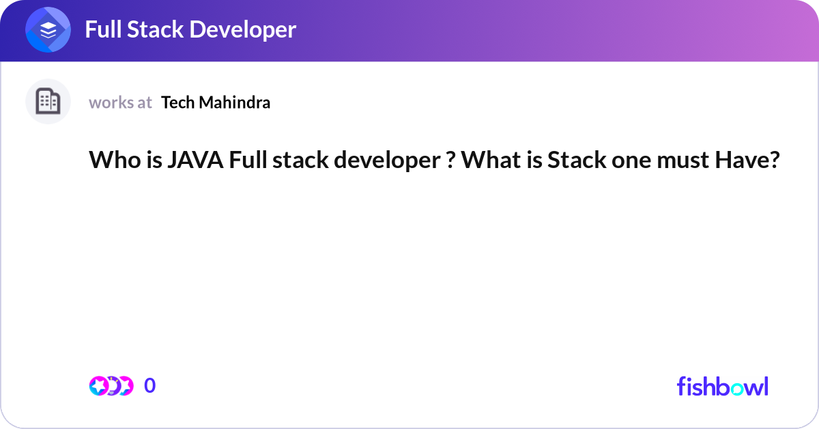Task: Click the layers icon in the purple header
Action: [48, 31]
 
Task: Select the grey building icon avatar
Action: [48, 102]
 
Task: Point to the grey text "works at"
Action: [120, 102]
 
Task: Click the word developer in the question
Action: [382, 161]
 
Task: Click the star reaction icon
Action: [99, 386]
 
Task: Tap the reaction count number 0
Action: [150, 386]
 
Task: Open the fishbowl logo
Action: [722, 386]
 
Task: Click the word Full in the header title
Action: [104, 29]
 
